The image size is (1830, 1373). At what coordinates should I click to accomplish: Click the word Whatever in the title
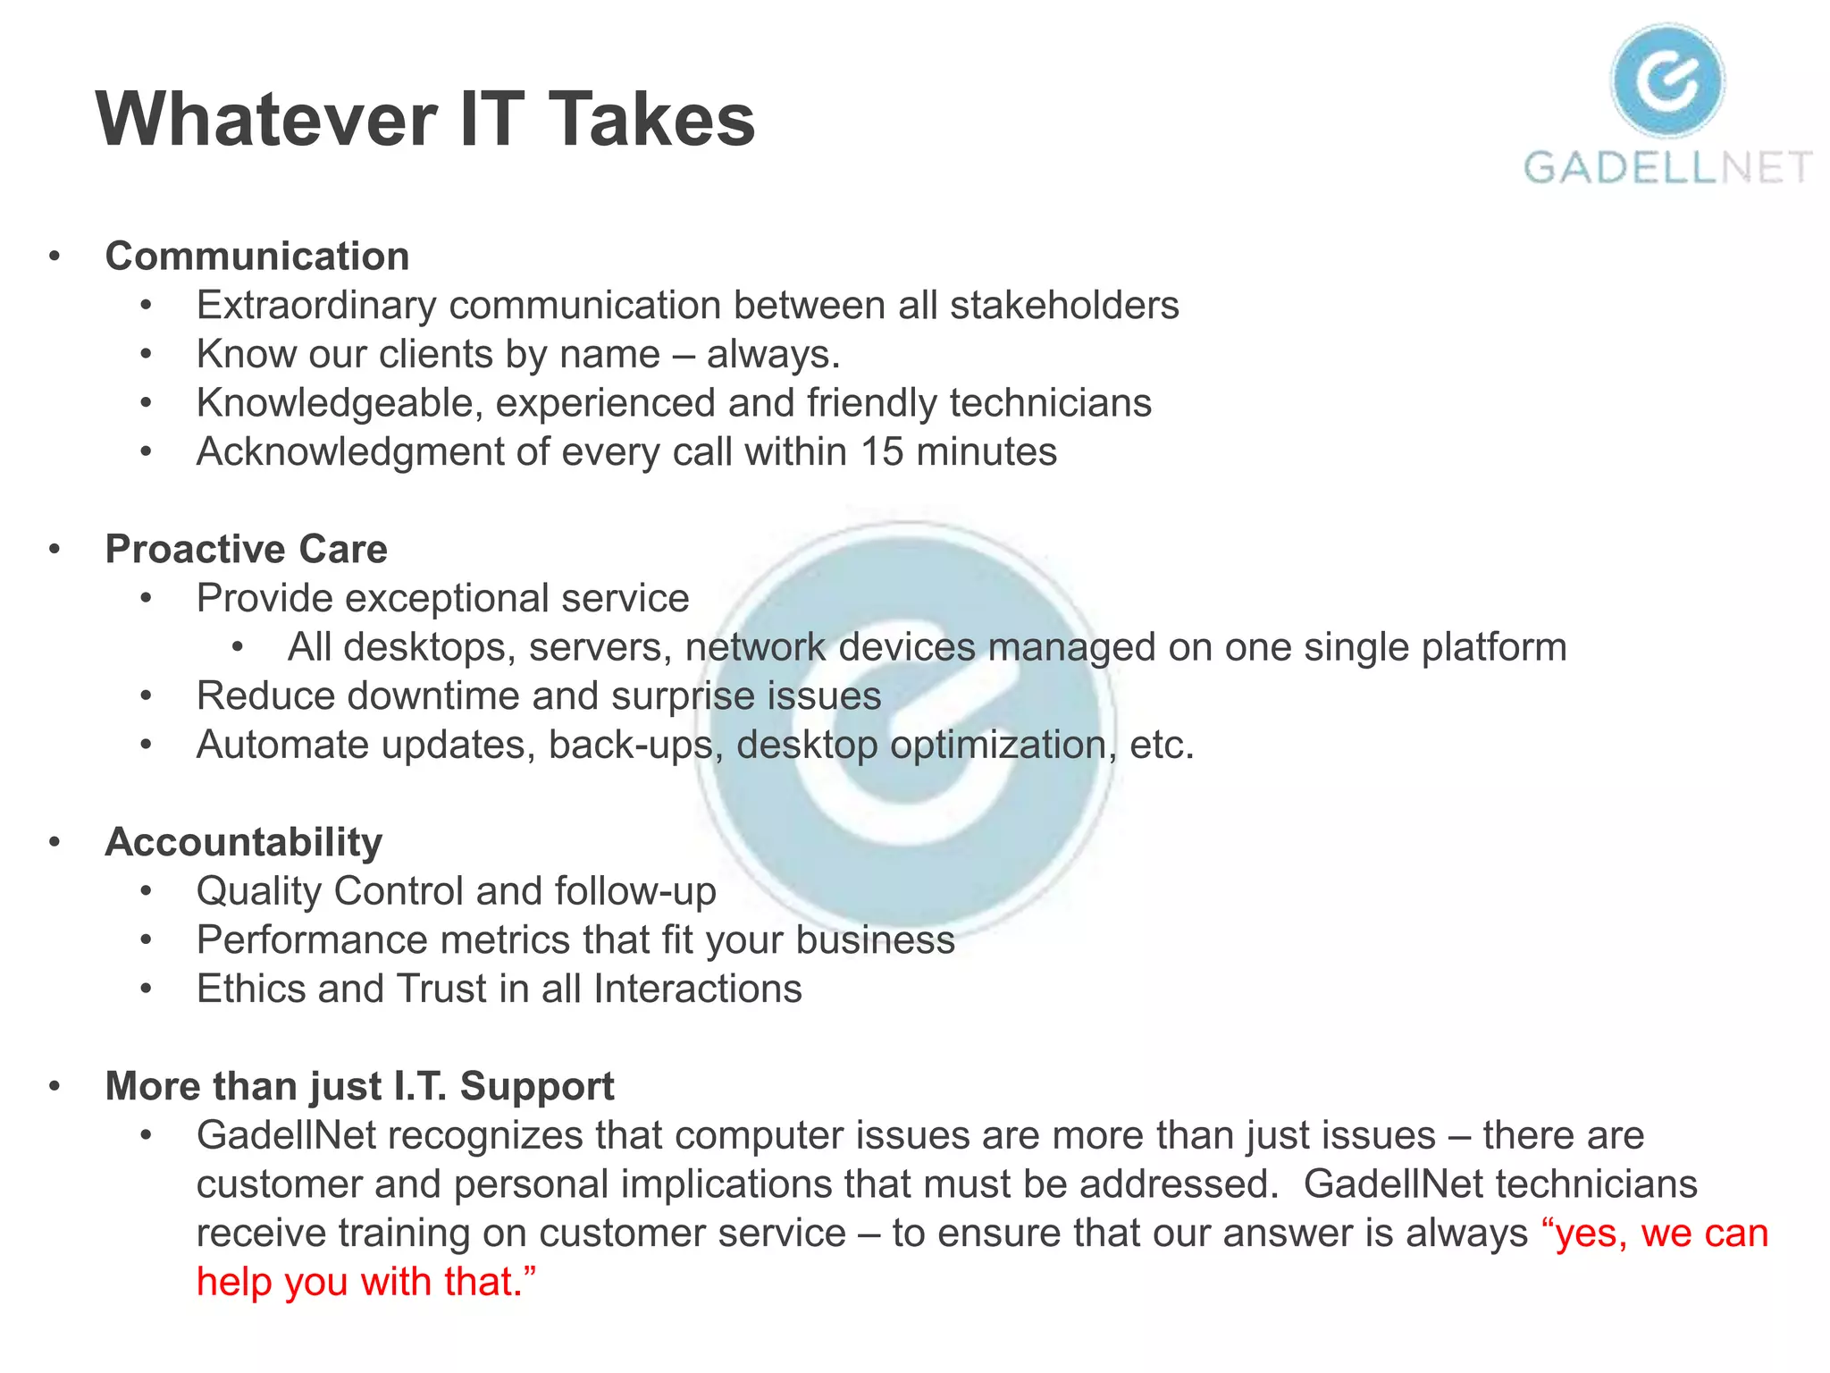pyautogui.click(x=266, y=120)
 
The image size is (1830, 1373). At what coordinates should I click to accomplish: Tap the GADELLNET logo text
pyautogui.click(x=1667, y=168)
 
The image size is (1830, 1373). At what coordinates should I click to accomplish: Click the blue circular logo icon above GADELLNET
pyautogui.click(x=1667, y=81)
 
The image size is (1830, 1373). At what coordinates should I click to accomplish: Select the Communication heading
pyautogui.click(x=257, y=257)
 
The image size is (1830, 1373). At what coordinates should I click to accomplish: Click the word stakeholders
pyautogui.click(x=1064, y=306)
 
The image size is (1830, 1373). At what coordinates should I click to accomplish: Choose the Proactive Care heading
pyautogui.click(x=247, y=550)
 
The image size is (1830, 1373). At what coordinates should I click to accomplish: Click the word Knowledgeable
pyautogui.click(x=340, y=403)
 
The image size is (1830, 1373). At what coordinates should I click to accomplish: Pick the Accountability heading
pyautogui.click(x=244, y=843)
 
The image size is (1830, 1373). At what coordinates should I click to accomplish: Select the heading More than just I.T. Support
pyautogui.click(x=359, y=1087)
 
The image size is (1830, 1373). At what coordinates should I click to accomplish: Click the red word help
pyautogui.click(x=234, y=1283)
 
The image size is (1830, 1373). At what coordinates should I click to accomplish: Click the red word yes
pyautogui.click(x=1587, y=1234)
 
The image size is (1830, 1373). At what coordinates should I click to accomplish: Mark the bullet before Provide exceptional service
pyautogui.click(x=147, y=599)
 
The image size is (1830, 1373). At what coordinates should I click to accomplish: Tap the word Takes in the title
pyautogui.click(x=651, y=120)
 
